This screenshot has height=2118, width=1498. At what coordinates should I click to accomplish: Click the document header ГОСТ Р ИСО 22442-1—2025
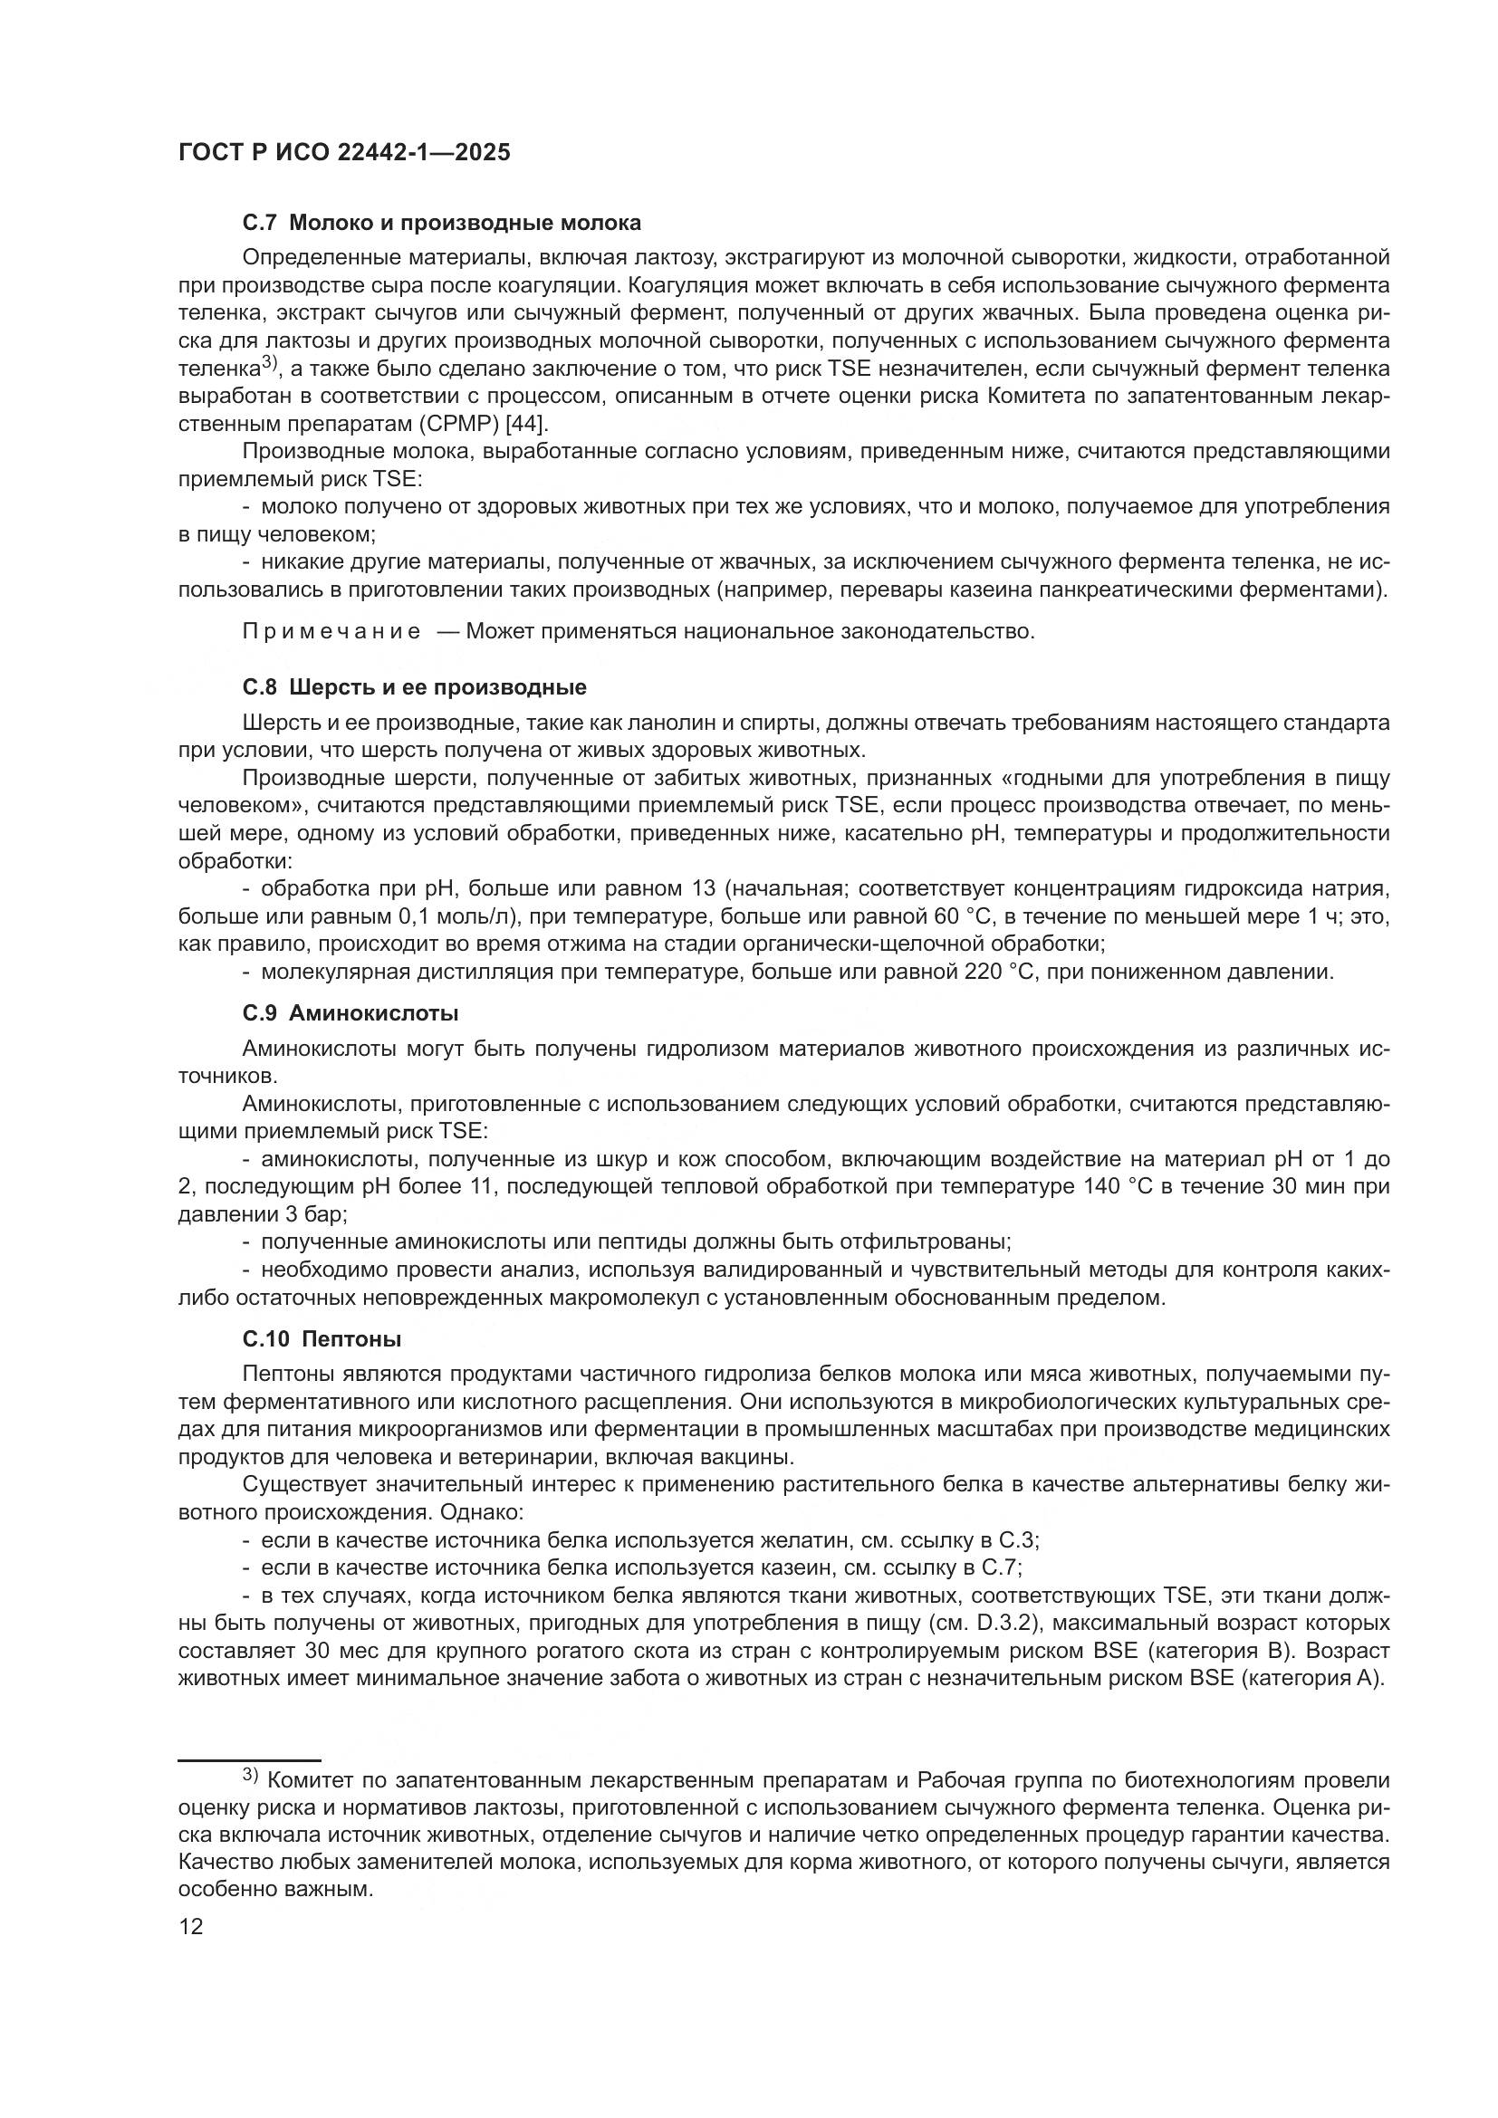pos(344,153)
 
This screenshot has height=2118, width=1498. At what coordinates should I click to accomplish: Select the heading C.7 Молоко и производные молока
pos(442,224)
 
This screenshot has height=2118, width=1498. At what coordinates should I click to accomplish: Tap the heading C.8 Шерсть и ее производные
pos(414,687)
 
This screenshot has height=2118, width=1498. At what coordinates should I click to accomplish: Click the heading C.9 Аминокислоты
pos(350,1013)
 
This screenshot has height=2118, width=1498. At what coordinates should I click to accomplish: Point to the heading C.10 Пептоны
pos(322,1338)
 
